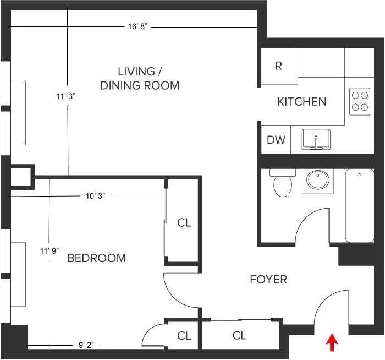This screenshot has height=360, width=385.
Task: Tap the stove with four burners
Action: [360, 101]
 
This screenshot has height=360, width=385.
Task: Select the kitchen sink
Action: [316, 139]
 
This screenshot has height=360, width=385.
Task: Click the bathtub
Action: [360, 205]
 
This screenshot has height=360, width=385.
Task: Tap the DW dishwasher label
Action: [276, 140]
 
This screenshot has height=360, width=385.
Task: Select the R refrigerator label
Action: [278, 66]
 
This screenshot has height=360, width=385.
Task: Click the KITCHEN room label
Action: [301, 102]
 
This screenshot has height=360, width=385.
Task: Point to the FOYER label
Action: [268, 280]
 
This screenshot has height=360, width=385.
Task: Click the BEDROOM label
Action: [96, 258]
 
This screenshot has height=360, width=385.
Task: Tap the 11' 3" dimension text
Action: [65, 96]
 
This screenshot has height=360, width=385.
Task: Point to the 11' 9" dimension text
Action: [48, 251]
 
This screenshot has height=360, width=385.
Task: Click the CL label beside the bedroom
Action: [184, 223]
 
